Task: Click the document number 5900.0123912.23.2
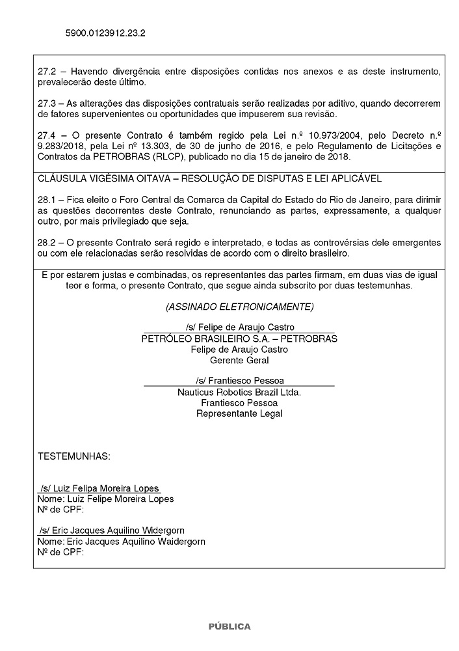pos(105,32)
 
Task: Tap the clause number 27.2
pos(47,70)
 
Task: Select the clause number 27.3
pos(47,104)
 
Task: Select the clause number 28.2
pos(47,242)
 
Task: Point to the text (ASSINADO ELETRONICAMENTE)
pos(239,306)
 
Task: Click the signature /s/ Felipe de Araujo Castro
pos(239,327)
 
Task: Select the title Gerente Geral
pos(239,360)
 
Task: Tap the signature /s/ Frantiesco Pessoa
pos(239,380)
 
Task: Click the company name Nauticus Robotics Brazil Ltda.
pos(239,392)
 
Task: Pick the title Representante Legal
pos(239,413)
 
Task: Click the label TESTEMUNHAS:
pos(74,456)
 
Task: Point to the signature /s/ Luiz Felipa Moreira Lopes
pos(99,488)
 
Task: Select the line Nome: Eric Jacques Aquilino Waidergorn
pos(122,541)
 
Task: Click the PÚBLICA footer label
pos(229,626)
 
